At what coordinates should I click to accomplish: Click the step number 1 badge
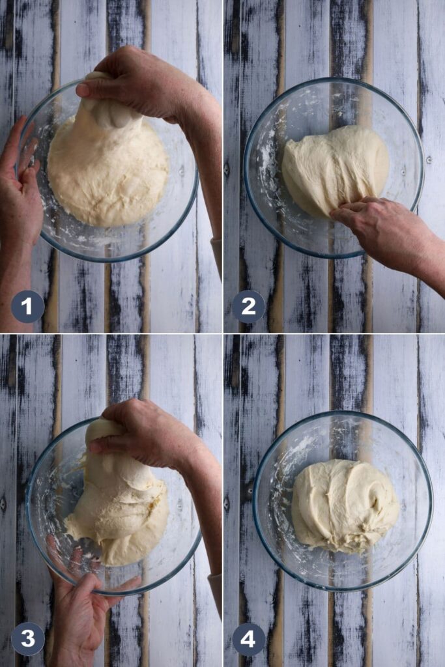click(x=27, y=306)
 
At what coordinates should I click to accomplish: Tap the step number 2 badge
click(x=248, y=306)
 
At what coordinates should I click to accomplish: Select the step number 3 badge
click(x=27, y=639)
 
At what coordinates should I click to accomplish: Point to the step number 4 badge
click(x=248, y=639)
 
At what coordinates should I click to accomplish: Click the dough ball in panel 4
click(x=344, y=505)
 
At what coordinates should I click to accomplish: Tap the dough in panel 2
click(x=332, y=168)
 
